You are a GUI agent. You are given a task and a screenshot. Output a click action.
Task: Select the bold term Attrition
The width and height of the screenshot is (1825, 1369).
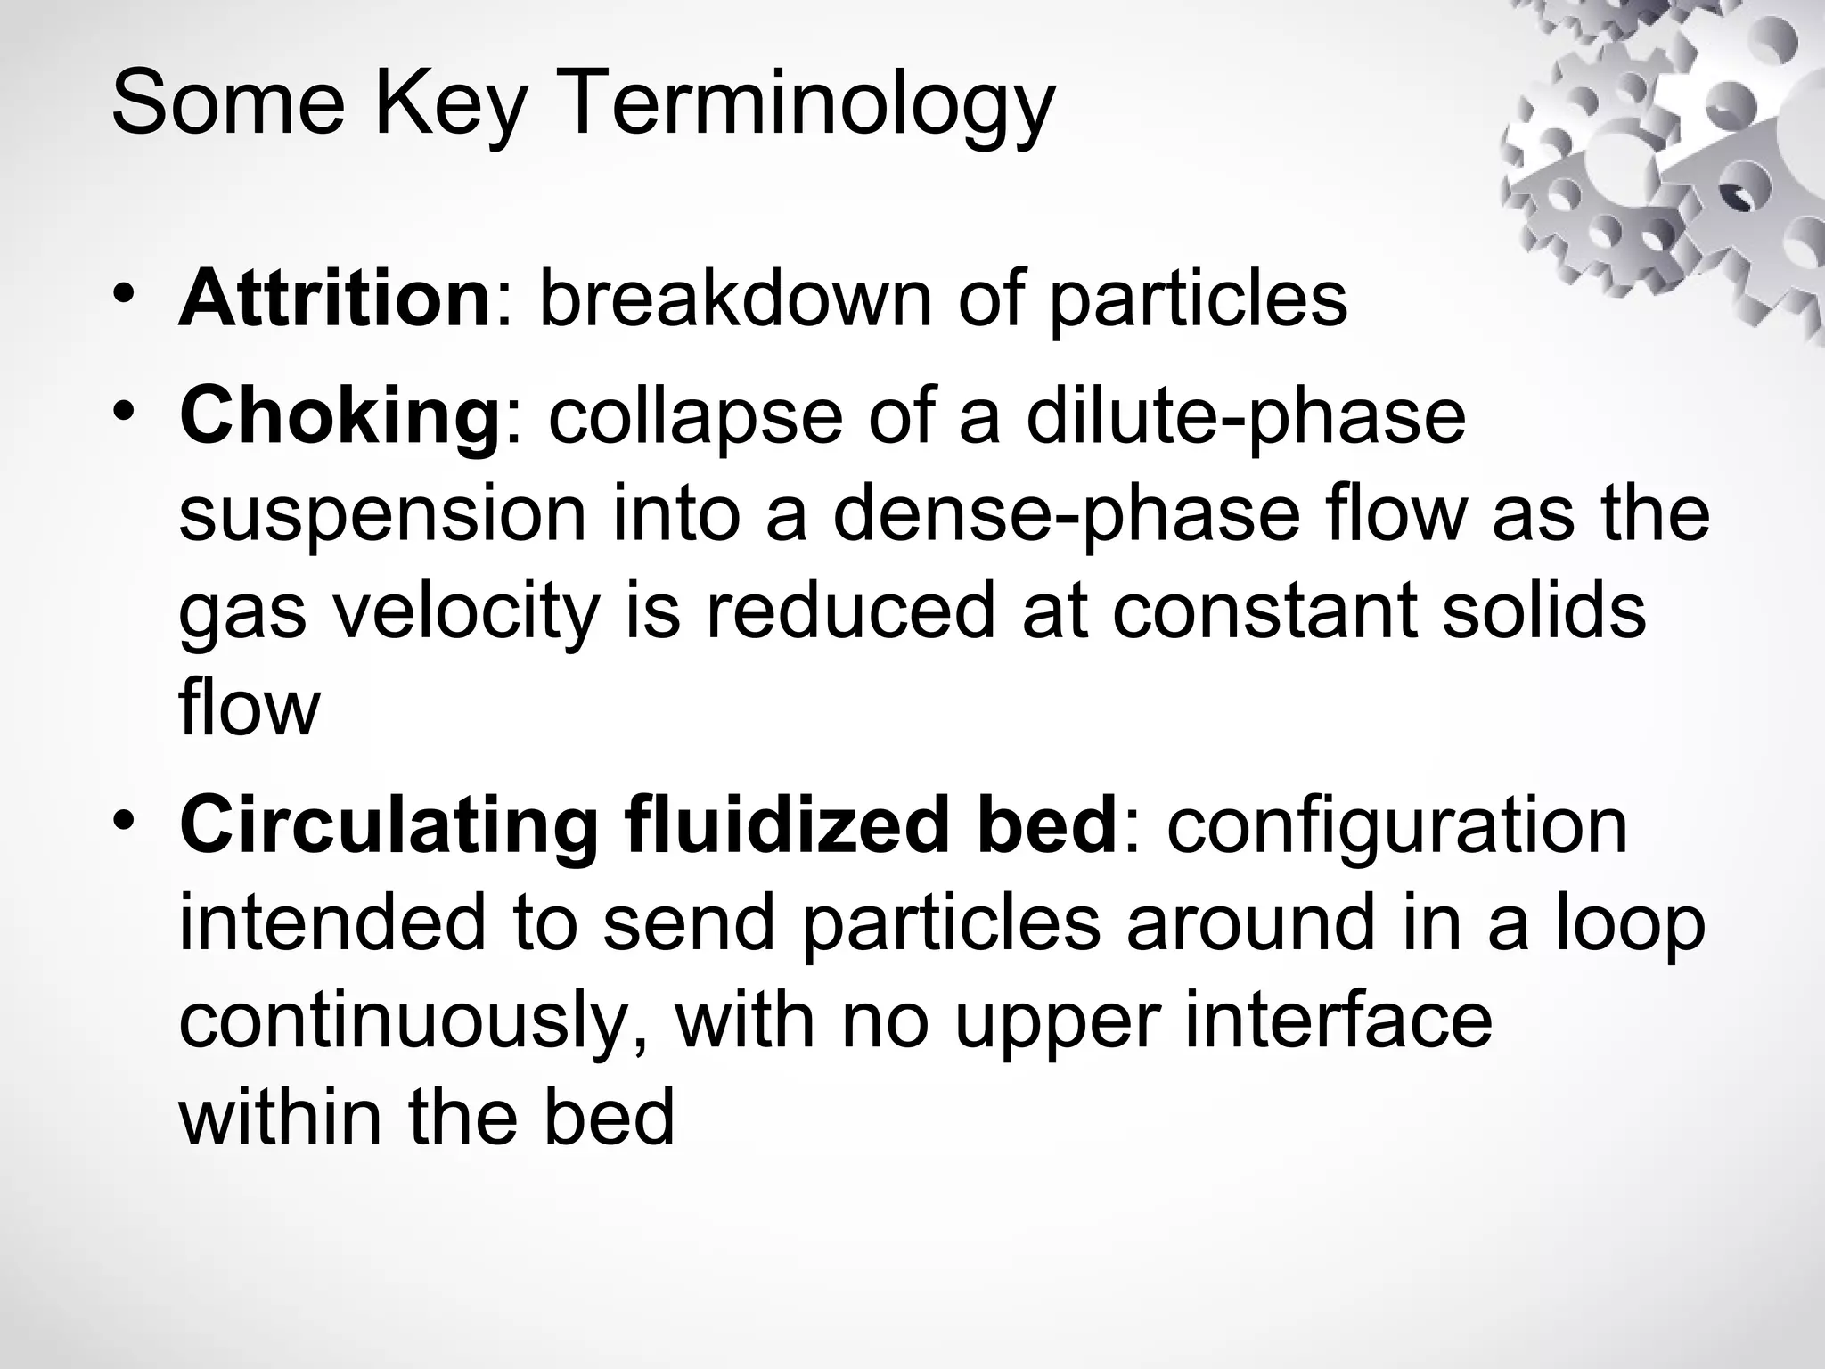pyautogui.click(x=335, y=298)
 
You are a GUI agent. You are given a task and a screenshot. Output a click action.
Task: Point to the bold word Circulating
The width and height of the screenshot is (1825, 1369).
pyautogui.click(x=389, y=826)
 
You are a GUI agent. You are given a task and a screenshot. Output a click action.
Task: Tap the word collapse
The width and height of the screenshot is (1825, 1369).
pyautogui.click(x=694, y=416)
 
